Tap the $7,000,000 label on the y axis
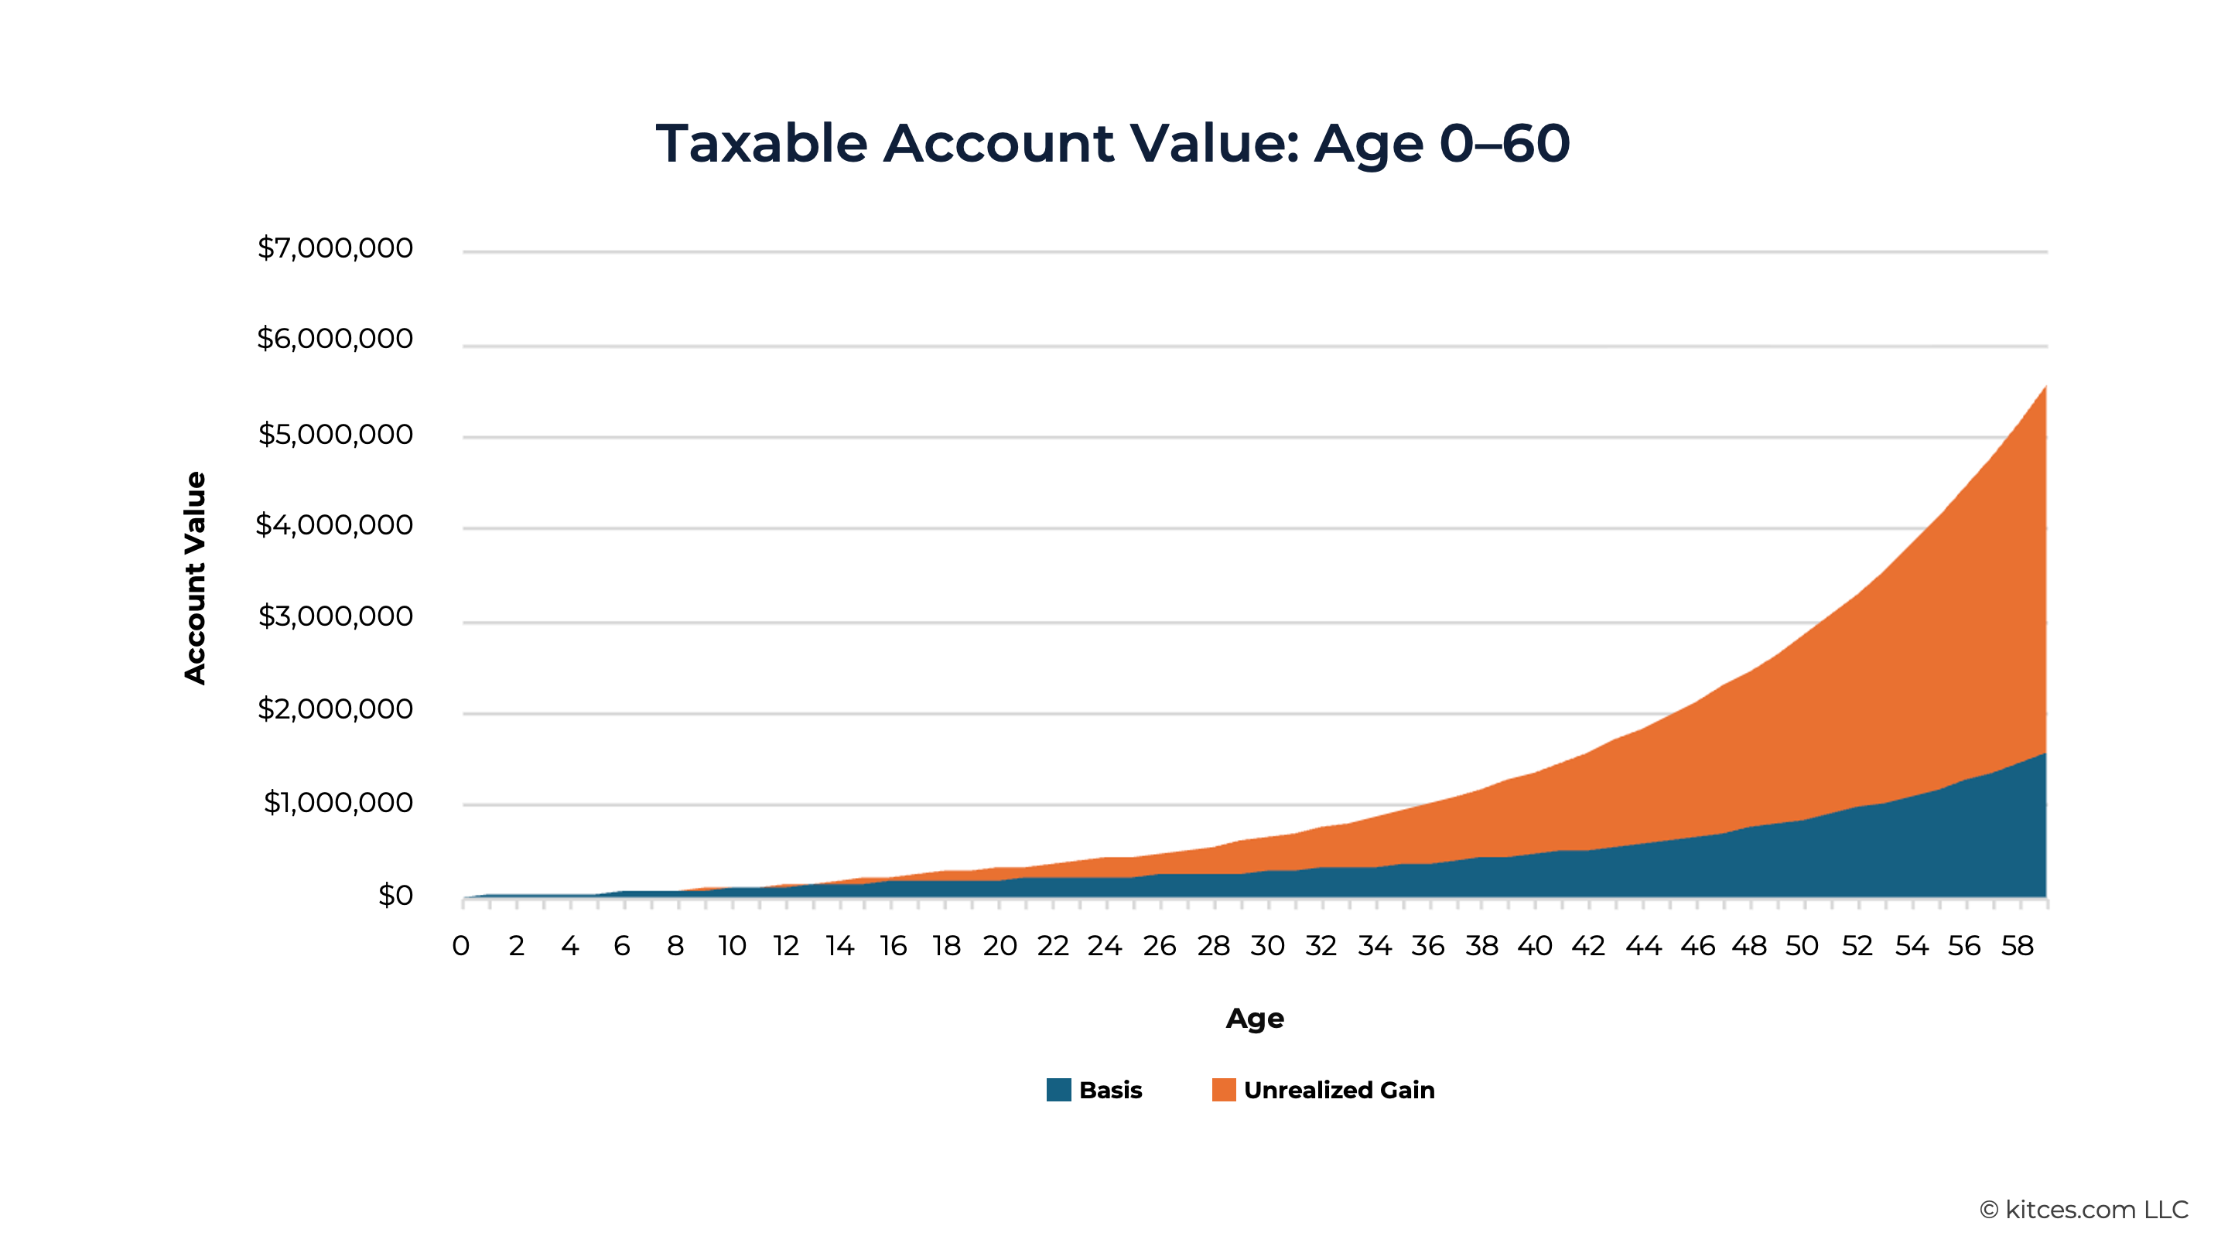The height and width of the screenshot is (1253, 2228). tap(335, 249)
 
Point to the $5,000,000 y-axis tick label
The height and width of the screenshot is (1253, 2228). tap(335, 434)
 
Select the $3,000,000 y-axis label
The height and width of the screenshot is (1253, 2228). tap(335, 616)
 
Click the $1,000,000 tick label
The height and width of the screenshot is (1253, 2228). tap(337, 803)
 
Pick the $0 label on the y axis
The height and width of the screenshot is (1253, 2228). tap(395, 895)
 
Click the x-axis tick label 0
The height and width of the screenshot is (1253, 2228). tap(461, 946)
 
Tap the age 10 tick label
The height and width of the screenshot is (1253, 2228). tap(732, 946)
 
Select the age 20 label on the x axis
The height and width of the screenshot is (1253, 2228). tap(1000, 946)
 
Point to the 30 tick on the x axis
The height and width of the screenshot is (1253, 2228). tap(1268, 946)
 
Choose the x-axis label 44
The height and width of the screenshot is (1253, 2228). tap(1643, 946)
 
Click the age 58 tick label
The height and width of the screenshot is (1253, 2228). tap(2018, 946)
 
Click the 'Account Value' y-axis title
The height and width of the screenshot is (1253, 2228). tap(196, 578)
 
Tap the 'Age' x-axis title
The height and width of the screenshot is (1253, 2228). tap(1255, 1019)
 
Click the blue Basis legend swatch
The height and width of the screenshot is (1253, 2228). tap(1058, 1090)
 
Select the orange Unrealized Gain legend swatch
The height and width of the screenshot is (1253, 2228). tap(1224, 1090)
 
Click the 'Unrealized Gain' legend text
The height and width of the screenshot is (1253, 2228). tap(1339, 1091)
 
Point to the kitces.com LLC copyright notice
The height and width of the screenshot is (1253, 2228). tap(2084, 1210)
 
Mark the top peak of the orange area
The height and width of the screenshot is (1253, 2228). tap(2045, 386)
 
